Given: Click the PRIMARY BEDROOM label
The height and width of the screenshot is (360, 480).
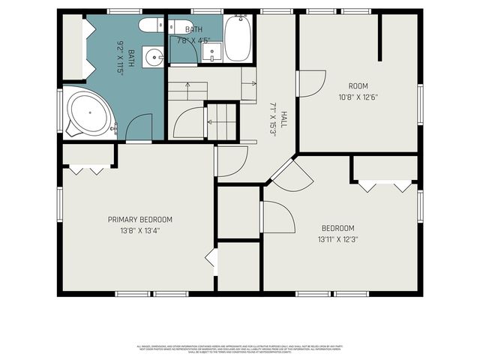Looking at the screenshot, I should click(x=140, y=220).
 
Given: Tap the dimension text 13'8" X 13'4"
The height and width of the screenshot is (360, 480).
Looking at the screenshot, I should click(x=140, y=230).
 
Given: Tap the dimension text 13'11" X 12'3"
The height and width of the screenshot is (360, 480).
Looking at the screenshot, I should click(x=337, y=239).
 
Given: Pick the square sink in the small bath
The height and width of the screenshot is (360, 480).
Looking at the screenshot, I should click(x=212, y=50).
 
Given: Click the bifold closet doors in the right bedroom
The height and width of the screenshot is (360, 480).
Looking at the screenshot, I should click(x=385, y=185).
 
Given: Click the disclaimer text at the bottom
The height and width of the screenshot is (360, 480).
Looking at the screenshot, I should click(x=239, y=347).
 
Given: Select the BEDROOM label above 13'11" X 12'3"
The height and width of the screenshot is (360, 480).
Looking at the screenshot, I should click(x=337, y=228).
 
